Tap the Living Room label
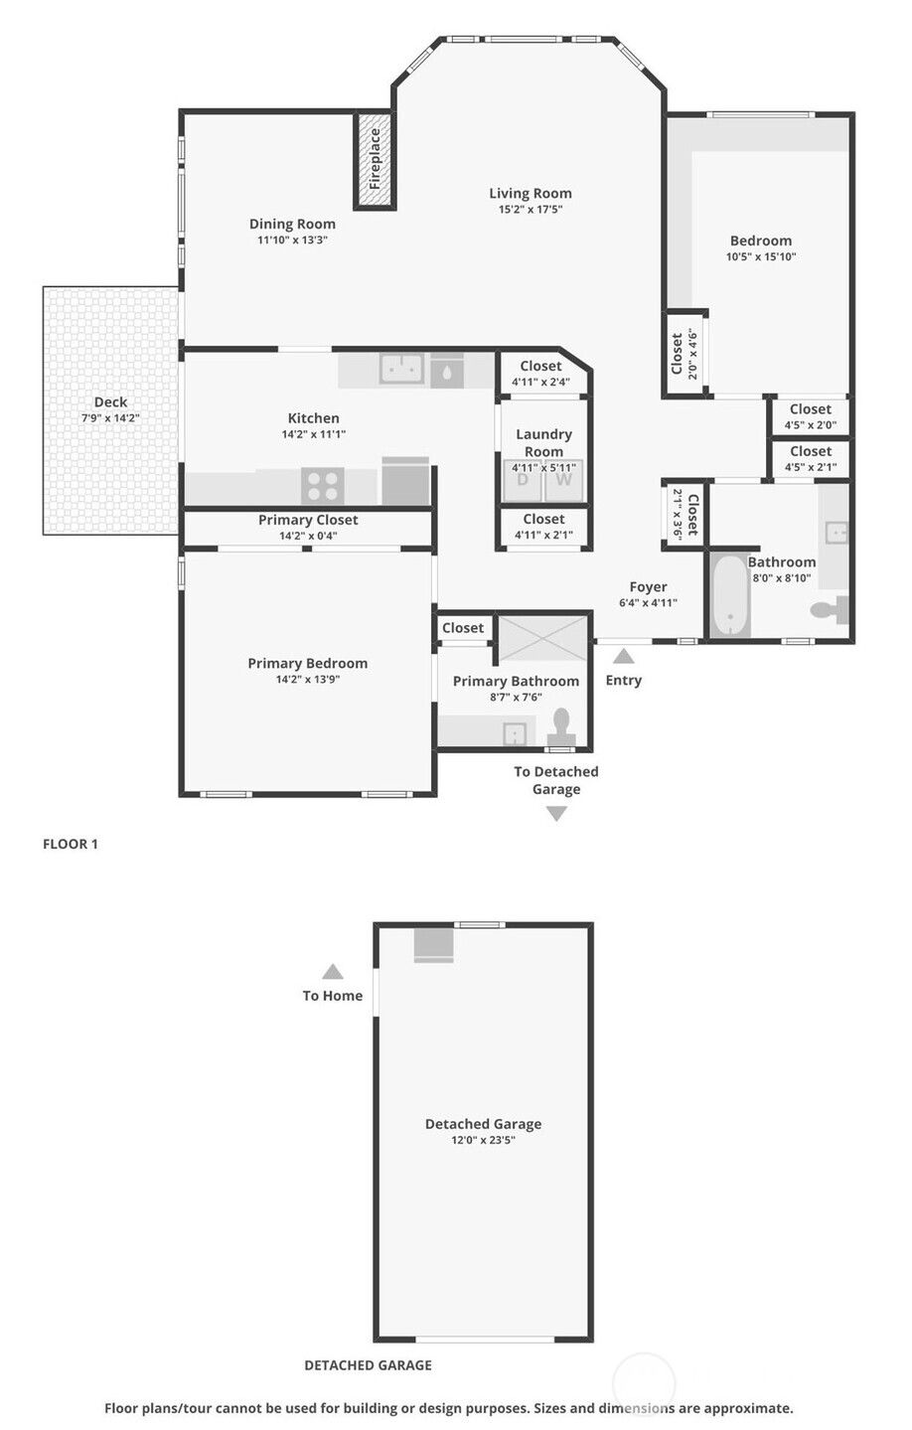[x=530, y=193]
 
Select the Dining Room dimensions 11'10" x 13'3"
[x=292, y=240]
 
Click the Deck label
[x=110, y=401]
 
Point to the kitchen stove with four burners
[x=322, y=485]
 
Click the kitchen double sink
[x=402, y=369]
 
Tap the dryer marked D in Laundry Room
[x=522, y=481]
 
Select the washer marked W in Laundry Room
[x=563, y=481]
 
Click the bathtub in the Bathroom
[x=730, y=595]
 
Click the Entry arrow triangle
[x=624, y=656]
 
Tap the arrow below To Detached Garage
[x=556, y=813]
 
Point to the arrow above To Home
[x=333, y=971]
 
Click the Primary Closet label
[x=308, y=520]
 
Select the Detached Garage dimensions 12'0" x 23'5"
[x=483, y=1140]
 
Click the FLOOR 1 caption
[x=71, y=844]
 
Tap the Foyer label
[x=648, y=586]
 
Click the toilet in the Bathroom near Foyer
[x=830, y=610]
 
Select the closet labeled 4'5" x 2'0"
[x=811, y=416]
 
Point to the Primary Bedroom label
[x=308, y=663]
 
